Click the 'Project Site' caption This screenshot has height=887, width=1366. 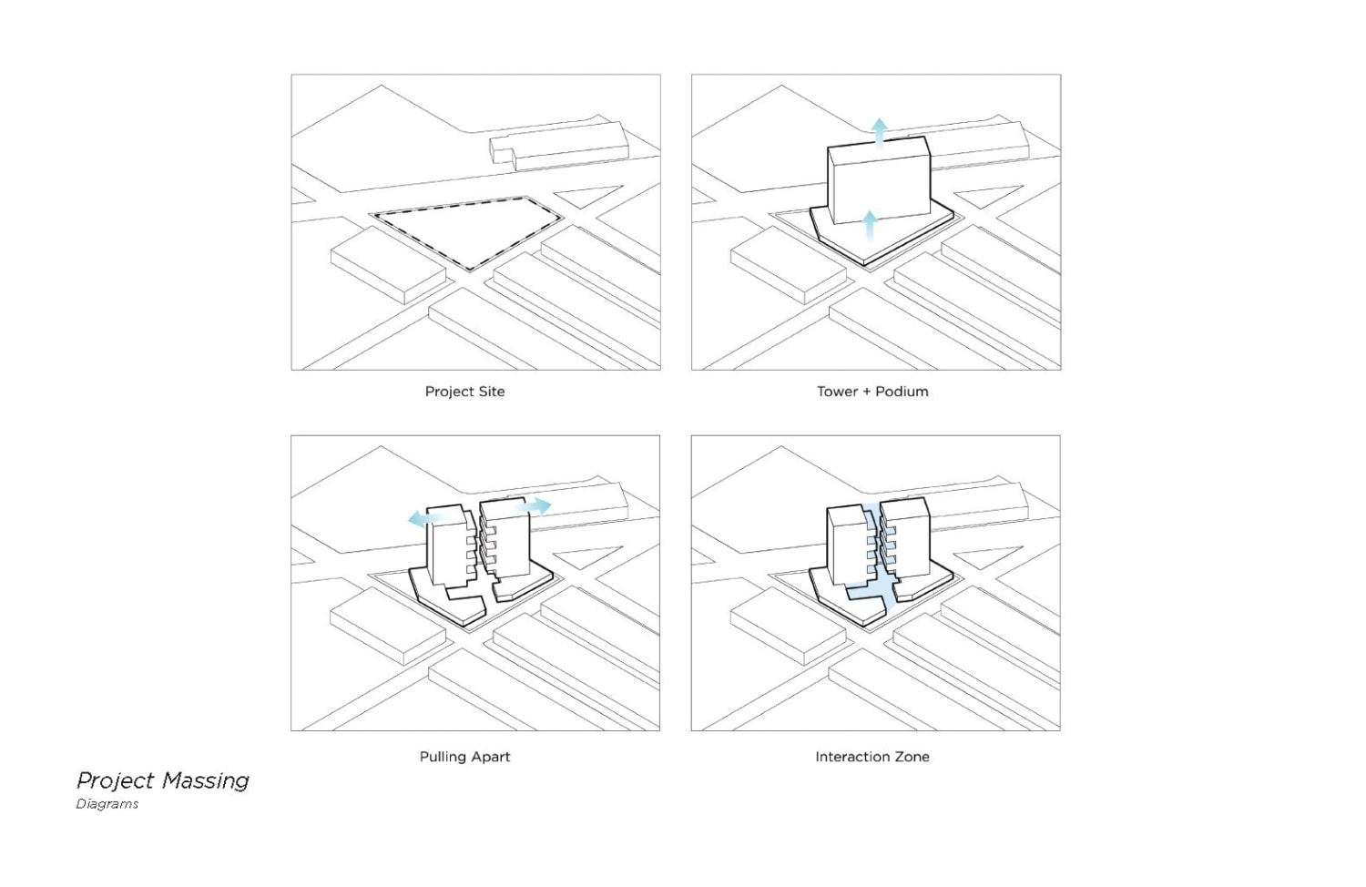tap(464, 392)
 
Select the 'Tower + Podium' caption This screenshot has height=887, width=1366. tap(872, 392)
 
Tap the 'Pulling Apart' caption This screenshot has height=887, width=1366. tap(464, 757)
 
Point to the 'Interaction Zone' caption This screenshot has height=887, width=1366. tap(872, 757)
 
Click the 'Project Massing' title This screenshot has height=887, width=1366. tap(163, 780)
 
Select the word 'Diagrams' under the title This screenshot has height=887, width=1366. tap(107, 804)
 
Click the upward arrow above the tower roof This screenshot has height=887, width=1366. tap(878, 130)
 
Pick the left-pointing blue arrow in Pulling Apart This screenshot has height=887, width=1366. tap(423, 519)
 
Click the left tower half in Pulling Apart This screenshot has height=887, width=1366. tap(446, 546)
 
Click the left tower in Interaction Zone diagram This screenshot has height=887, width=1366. tap(845, 545)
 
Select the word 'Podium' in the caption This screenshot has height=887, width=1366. tap(902, 392)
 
